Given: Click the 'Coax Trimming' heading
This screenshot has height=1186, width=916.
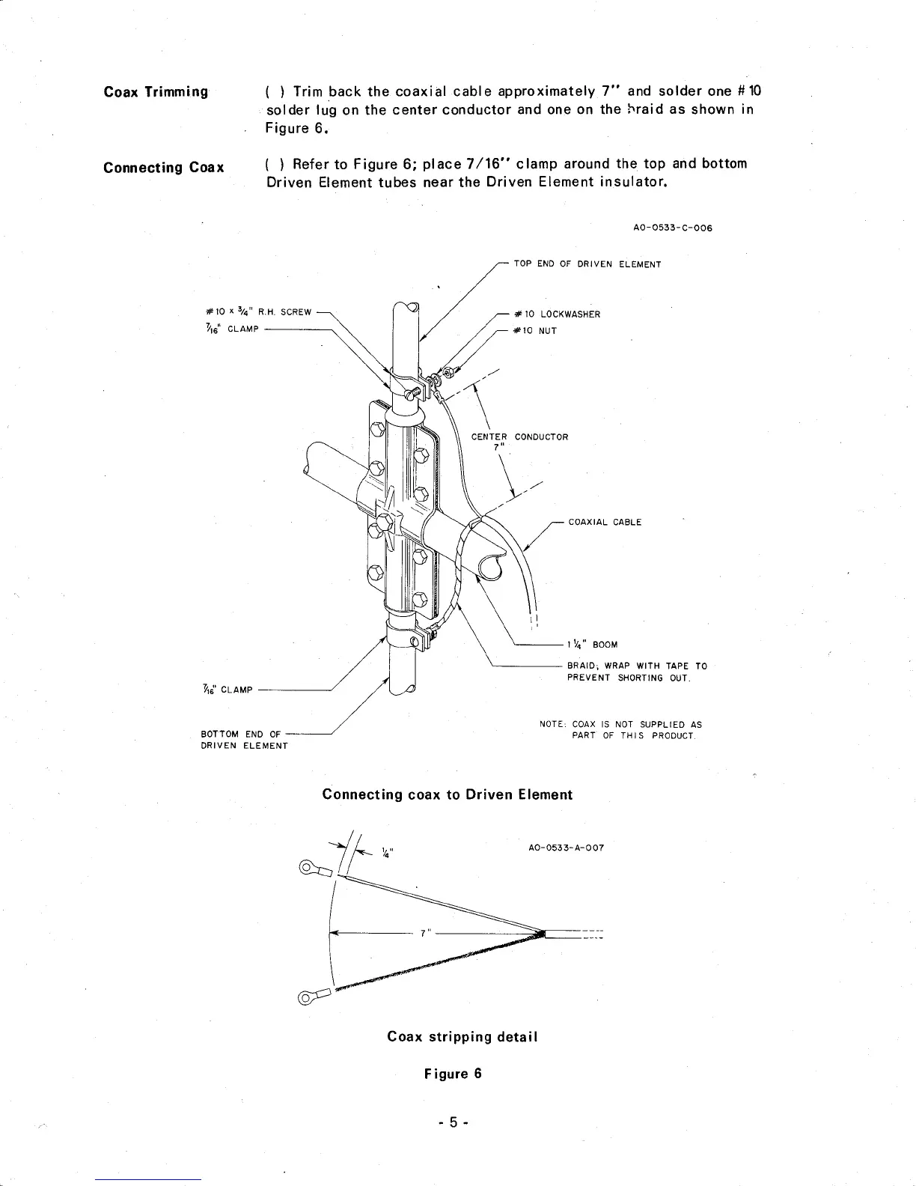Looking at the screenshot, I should [x=156, y=92].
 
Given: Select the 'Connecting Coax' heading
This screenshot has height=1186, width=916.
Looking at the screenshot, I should [x=164, y=166].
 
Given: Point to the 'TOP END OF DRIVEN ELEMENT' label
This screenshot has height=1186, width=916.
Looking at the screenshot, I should [x=587, y=264].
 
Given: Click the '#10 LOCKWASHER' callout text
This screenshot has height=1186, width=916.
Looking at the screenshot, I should [x=557, y=314].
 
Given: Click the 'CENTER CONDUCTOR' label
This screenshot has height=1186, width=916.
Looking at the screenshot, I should [x=519, y=437].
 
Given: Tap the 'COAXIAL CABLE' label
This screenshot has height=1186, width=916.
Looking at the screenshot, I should [x=605, y=523].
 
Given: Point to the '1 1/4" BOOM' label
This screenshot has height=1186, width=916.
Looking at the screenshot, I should [x=593, y=644].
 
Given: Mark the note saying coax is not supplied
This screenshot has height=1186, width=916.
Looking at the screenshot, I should [x=620, y=730].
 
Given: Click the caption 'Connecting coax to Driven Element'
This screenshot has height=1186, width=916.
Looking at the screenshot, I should [x=447, y=794].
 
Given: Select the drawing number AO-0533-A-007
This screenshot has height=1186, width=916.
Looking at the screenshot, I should [x=566, y=848].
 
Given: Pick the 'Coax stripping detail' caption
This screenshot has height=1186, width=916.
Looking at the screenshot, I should [x=462, y=1037].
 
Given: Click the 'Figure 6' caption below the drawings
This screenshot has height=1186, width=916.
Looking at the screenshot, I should [x=453, y=1074].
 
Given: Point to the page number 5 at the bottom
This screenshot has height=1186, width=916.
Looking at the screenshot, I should [x=452, y=1122].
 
